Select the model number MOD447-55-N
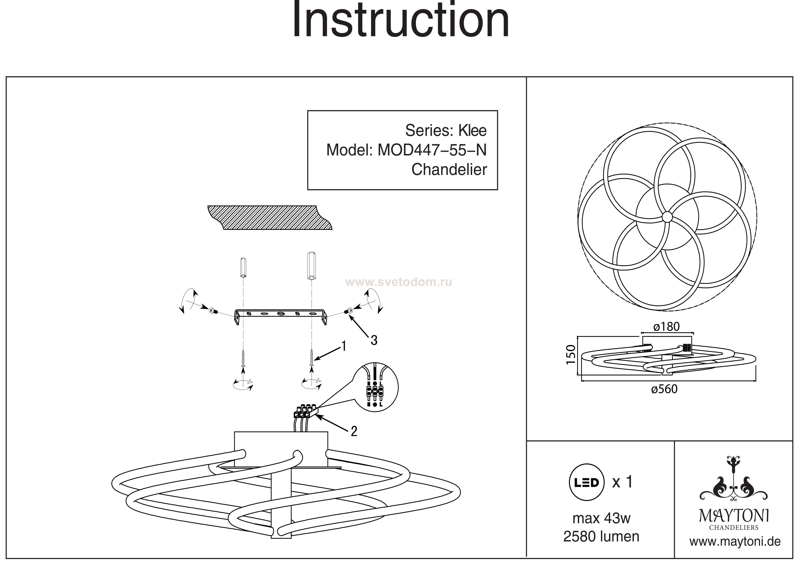(432, 150)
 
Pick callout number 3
(374, 340)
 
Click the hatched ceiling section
(270, 218)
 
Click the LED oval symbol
(586, 482)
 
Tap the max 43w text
(601, 518)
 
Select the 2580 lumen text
(601, 537)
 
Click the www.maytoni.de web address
(735, 542)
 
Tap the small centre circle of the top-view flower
(667, 217)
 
